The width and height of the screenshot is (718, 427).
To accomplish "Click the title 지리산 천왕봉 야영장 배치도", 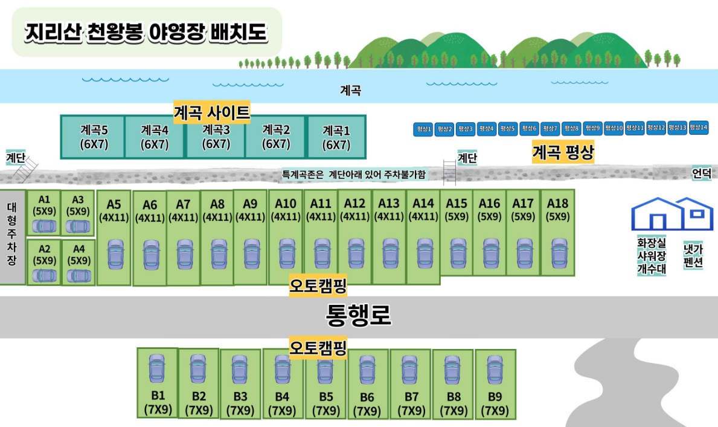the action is click(146, 33).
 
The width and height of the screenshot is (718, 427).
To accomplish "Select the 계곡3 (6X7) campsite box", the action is click(216, 137).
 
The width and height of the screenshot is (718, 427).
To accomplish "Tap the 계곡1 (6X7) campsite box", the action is click(336, 137).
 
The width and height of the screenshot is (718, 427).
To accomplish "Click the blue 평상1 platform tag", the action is click(423, 129).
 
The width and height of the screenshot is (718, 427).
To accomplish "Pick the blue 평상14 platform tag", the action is click(699, 128).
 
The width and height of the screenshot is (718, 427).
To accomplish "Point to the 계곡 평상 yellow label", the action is click(563, 152).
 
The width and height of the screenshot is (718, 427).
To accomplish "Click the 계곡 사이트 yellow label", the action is click(211, 112).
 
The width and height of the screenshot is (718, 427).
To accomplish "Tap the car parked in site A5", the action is click(115, 254).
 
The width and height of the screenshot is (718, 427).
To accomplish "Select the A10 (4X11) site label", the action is click(286, 209).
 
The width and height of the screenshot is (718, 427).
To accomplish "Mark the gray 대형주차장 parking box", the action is click(13, 236).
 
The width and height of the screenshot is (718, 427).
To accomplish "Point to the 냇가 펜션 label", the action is click(693, 257).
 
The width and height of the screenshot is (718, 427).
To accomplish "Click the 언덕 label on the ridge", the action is click(701, 174).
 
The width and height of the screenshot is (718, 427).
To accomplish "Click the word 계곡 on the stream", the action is click(350, 91).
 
